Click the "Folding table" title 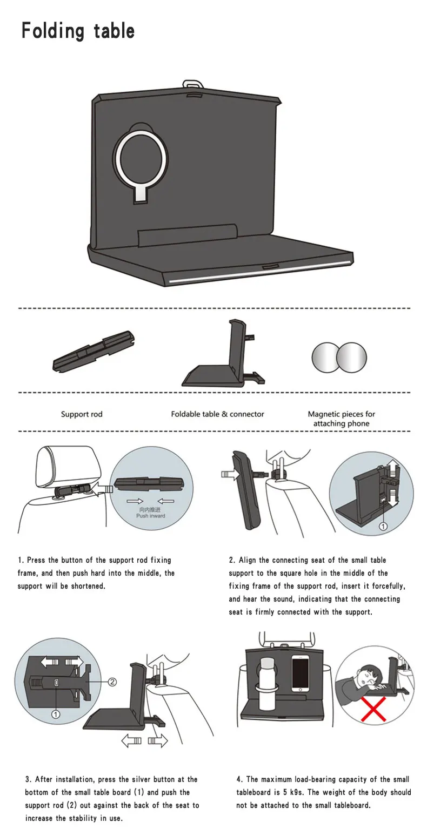78,31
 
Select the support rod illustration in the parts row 94,350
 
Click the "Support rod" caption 82,414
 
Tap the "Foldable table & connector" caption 217,414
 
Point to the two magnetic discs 339,357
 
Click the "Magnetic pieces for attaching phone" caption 342,419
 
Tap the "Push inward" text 151,516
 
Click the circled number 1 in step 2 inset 383,526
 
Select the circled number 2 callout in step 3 112,682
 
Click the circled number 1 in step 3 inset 55,714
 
